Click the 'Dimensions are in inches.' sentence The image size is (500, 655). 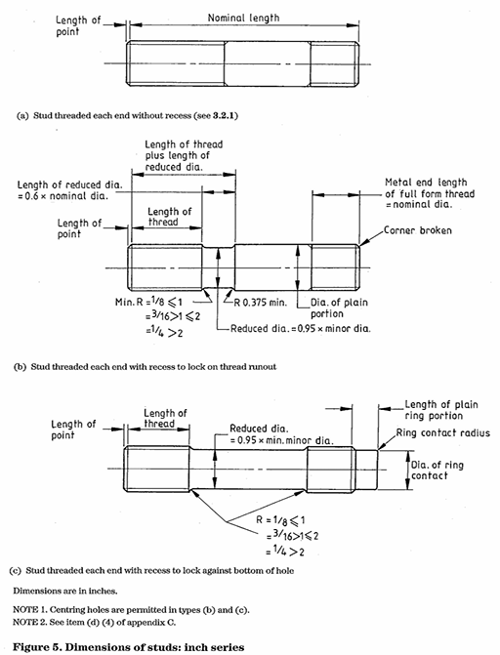67,591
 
